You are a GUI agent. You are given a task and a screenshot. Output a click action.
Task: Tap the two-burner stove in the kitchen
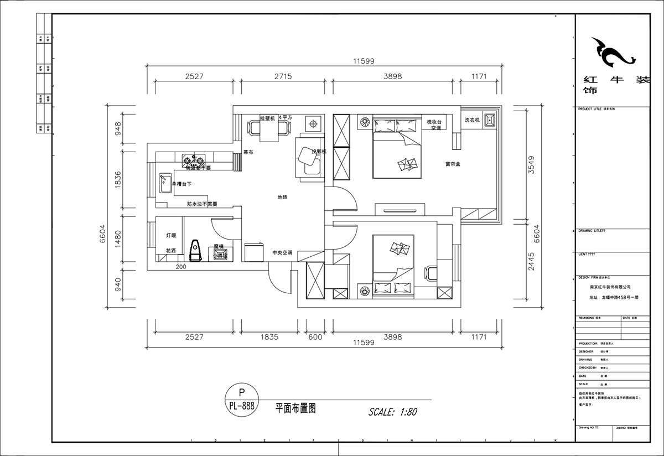pyautogui.click(x=191, y=160)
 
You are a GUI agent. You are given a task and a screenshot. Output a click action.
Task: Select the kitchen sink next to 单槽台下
pyautogui.click(x=164, y=183)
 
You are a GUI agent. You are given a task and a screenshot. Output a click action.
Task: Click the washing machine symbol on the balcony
pyautogui.click(x=490, y=120)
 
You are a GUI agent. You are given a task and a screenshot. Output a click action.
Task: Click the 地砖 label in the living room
pyautogui.click(x=282, y=197)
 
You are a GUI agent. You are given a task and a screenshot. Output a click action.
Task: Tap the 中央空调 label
pyautogui.click(x=282, y=253)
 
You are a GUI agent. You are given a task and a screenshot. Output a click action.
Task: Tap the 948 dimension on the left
pyautogui.click(x=117, y=132)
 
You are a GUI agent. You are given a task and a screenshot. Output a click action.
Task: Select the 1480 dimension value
pyautogui.click(x=117, y=239)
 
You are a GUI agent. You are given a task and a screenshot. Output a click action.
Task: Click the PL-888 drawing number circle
pyautogui.click(x=241, y=400)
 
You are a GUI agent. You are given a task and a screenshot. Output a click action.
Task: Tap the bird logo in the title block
pyautogui.click(x=611, y=52)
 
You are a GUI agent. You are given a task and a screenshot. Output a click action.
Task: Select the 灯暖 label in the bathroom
pyautogui.click(x=171, y=235)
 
